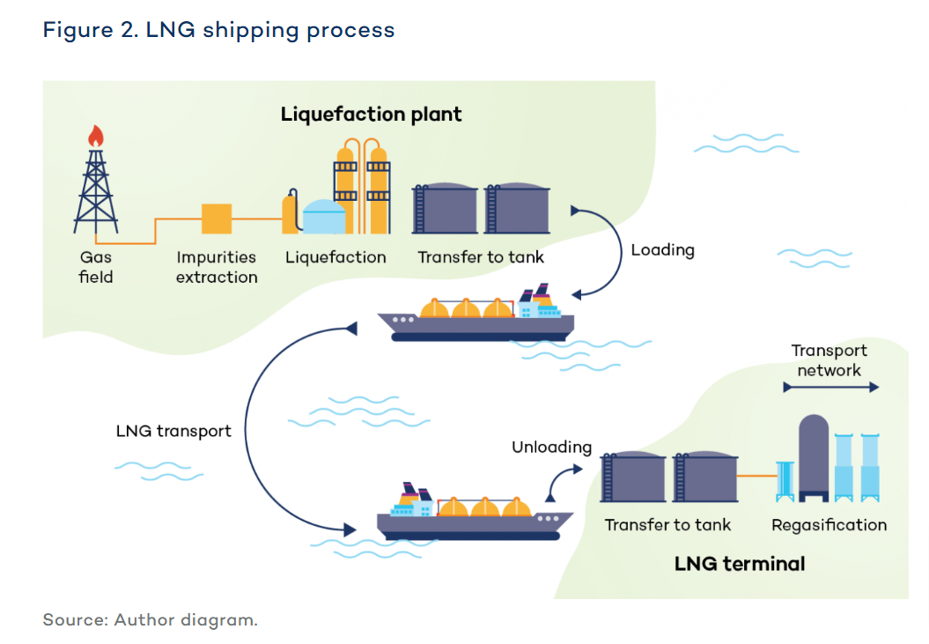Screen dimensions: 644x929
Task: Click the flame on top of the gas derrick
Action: click(x=95, y=136)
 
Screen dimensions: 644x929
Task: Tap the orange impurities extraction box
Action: click(x=217, y=218)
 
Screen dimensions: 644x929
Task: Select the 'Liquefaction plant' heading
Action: click(x=371, y=115)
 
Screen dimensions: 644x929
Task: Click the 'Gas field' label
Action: click(x=96, y=267)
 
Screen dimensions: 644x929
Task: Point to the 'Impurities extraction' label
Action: click(x=217, y=267)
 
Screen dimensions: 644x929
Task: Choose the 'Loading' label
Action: click(x=662, y=250)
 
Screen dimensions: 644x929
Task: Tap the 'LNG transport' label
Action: click(x=173, y=431)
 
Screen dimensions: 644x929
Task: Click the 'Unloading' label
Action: click(x=551, y=448)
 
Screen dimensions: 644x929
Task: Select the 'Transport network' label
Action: click(x=829, y=360)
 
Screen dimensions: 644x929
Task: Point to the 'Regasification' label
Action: click(x=829, y=525)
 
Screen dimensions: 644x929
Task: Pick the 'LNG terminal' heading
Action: click(x=740, y=563)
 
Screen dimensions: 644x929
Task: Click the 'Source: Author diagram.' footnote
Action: click(x=150, y=619)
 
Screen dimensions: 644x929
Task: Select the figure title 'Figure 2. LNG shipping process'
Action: click(x=218, y=30)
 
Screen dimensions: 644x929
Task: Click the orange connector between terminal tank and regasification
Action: click(x=756, y=477)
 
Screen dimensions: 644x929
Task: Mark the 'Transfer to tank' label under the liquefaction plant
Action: click(x=481, y=257)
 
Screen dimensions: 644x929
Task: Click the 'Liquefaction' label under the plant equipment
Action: click(x=335, y=257)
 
